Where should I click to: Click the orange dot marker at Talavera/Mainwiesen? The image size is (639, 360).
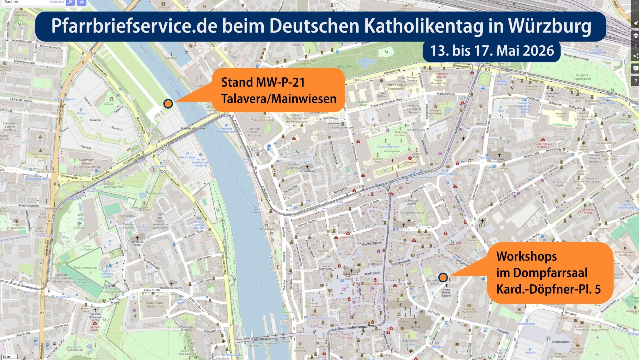(x=168, y=103)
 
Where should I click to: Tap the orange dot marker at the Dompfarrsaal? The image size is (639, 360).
(x=443, y=277)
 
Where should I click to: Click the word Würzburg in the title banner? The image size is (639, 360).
(x=549, y=26)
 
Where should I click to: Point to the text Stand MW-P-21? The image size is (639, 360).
(x=263, y=82)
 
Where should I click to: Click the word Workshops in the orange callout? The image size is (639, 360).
(x=526, y=256)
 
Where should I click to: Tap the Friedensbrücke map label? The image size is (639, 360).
(x=193, y=128)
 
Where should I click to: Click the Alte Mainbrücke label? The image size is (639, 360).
(x=259, y=339)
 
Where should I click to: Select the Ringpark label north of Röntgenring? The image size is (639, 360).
(x=345, y=66)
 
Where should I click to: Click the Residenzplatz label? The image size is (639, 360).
(x=560, y=342)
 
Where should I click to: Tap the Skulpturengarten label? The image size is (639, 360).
(x=85, y=268)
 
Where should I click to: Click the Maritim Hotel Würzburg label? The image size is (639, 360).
(x=254, y=132)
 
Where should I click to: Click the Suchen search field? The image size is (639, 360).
(x=26, y=2)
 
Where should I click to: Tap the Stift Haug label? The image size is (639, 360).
(x=499, y=159)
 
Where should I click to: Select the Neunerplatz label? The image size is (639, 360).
(x=70, y=177)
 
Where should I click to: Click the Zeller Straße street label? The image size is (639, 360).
(x=152, y=290)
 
